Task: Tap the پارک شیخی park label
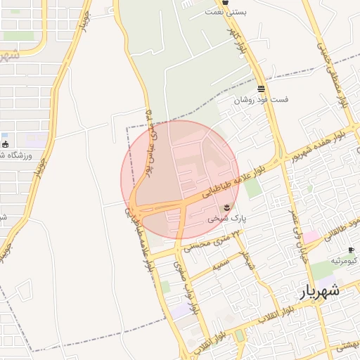tap(226, 219)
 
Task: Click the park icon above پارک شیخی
tap(227, 206)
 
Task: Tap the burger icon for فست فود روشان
tap(262, 89)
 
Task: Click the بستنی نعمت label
tap(226, 12)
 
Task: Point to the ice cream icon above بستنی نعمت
tap(226, 2)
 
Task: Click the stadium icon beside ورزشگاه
tap(6, 144)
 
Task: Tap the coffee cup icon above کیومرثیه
tap(351, 250)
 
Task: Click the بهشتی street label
tap(346, 346)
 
